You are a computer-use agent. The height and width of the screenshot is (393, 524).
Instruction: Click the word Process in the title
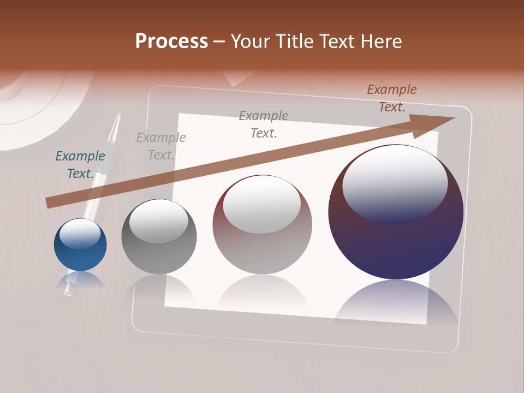(171, 41)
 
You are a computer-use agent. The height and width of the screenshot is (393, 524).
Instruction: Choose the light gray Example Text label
(161, 146)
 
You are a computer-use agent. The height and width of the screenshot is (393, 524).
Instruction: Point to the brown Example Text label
(392, 98)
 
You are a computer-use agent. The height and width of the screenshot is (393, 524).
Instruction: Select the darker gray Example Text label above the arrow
(264, 124)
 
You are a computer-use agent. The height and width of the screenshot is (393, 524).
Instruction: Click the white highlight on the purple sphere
(395, 183)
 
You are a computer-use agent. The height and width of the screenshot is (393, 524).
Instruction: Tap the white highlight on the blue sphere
(80, 234)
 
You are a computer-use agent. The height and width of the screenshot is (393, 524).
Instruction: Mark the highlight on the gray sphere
(158, 221)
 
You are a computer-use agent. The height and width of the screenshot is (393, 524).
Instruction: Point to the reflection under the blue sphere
(80, 279)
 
